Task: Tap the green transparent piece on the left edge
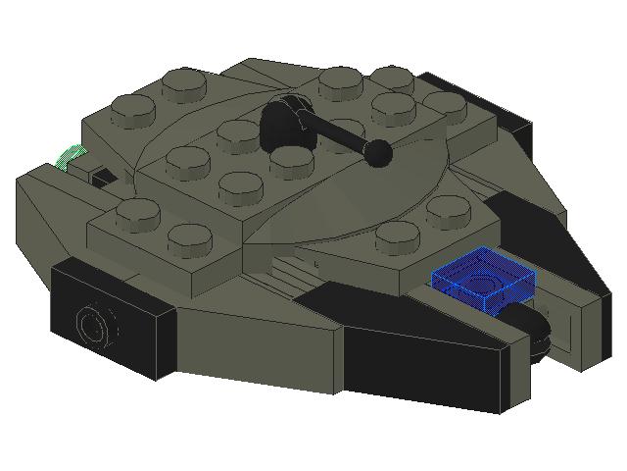[72, 155]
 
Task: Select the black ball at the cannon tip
[378, 151]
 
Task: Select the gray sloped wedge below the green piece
[49, 211]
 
